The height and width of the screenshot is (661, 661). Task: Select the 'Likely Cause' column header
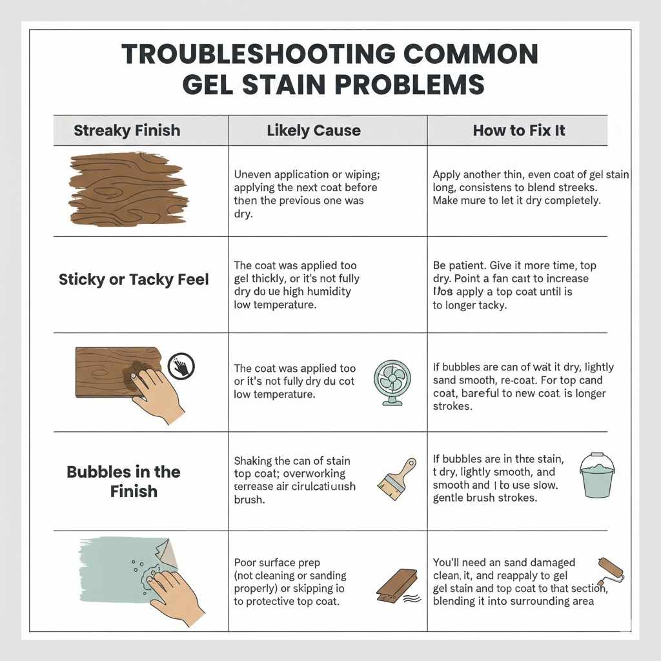[x=314, y=130]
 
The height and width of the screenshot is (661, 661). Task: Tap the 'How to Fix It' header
[x=518, y=130]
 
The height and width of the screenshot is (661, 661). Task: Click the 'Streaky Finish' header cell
[x=127, y=130]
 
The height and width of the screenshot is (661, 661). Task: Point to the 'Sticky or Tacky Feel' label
[x=134, y=280]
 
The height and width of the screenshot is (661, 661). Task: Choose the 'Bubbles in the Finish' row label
[x=124, y=482]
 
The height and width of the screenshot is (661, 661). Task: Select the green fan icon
[x=392, y=383]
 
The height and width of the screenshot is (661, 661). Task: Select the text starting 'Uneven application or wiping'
[x=306, y=194]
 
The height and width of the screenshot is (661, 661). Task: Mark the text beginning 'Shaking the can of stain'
[x=294, y=480]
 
